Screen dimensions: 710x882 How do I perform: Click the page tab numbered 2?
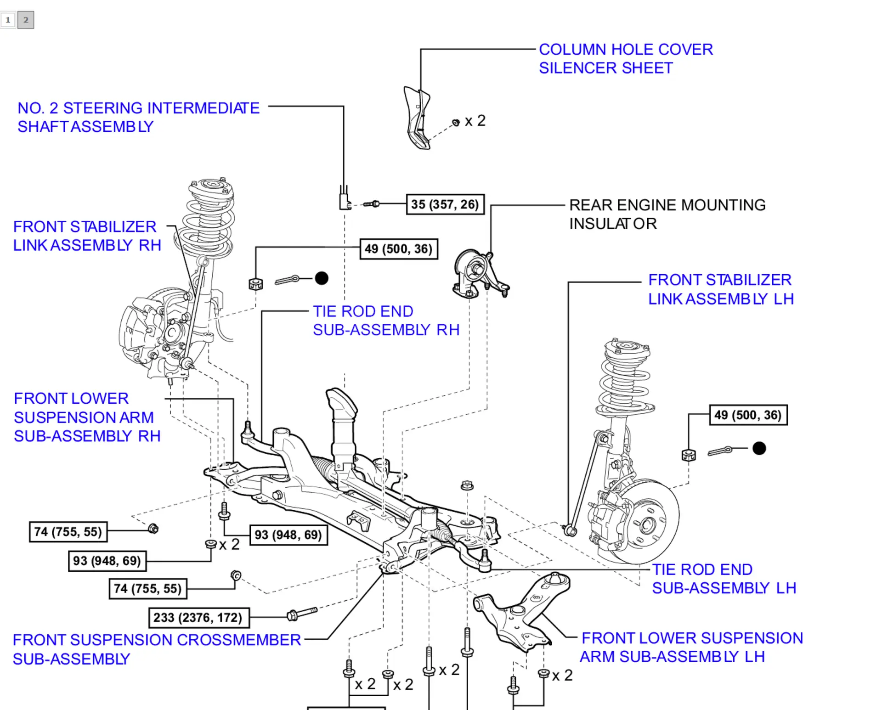click(x=26, y=20)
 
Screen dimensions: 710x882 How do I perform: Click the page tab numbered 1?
click(x=8, y=20)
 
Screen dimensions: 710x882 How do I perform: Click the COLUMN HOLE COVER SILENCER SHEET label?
click(x=625, y=59)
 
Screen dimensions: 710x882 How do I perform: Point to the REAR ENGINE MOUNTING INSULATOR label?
click(x=667, y=214)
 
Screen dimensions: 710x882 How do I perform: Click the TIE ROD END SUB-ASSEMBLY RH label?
click(x=386, y=321)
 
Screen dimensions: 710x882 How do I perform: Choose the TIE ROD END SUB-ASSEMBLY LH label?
click(x=724, y=579)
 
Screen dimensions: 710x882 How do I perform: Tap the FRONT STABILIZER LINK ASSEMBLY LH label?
click(x=720, y=289)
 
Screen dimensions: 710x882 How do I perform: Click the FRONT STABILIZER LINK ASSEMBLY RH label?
click(x=87, y=236)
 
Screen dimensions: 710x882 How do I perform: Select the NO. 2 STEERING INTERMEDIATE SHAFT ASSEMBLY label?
click(x=138, y=117)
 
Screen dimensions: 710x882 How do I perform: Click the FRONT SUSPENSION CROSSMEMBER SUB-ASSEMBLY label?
click(x=156, y=649)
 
